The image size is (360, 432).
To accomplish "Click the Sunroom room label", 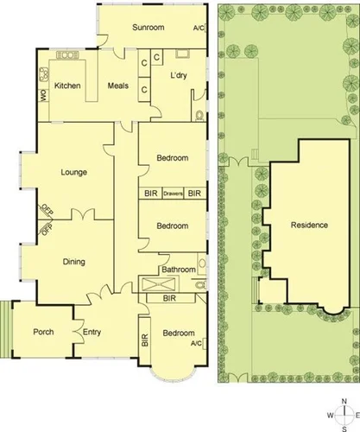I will coord(148,28).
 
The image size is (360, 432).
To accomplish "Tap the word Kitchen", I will coord(67,86).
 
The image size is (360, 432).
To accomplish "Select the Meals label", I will coord(117,86).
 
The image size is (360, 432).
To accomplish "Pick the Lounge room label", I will coord(74,172).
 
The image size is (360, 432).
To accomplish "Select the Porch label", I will coord(43,332).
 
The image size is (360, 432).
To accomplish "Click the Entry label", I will coord(92,332).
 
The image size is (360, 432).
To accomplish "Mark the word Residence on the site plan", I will coord(309,226).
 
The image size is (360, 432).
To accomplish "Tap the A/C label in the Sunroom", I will coord(199,28).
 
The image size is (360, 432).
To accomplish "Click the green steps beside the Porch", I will coord(7,327).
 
